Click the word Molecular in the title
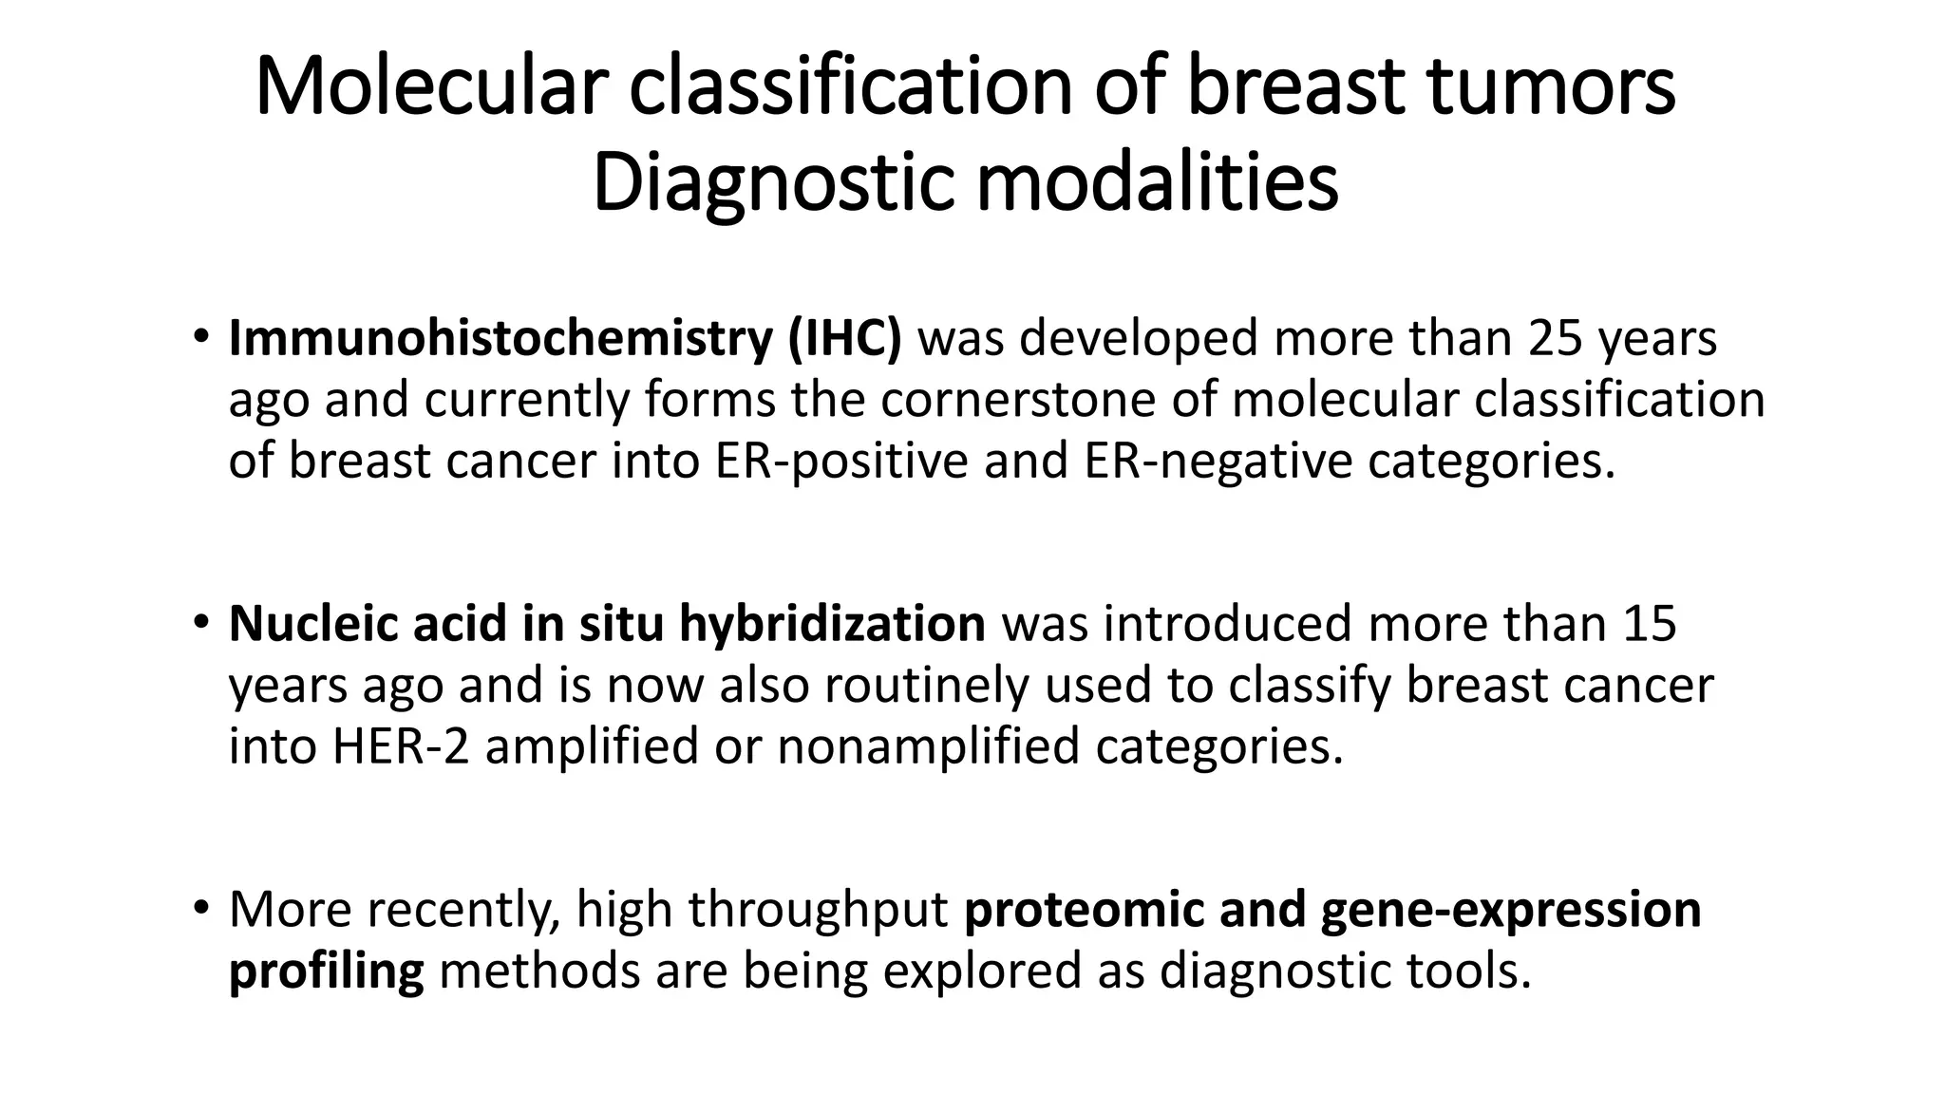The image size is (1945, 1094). coord(430,87)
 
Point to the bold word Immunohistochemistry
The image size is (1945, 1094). coord(500,339)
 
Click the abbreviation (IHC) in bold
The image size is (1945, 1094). coord(844,339)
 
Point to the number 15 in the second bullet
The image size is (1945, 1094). coord(1650,624)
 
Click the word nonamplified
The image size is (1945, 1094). coord(928,746)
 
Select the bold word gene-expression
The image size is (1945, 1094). coord(1510,910)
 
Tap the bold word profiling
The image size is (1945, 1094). coord(326,971)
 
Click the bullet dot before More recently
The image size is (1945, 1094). coord(199,908)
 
